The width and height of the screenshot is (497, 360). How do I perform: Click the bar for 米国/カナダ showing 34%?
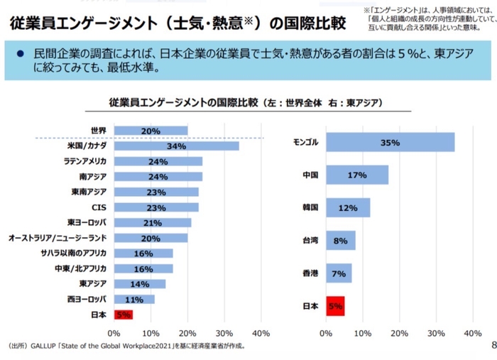(x=175, y=146)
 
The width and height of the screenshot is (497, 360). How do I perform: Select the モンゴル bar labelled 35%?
(x=390, y=142)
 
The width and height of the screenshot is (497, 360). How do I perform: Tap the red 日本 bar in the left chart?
(x=123, y=314)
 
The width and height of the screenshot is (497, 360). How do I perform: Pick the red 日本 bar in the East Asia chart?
(x=335, y=307)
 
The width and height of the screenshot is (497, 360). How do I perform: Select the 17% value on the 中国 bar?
(x=357, y=175)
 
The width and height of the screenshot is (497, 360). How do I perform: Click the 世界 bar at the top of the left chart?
(x=150, y=131)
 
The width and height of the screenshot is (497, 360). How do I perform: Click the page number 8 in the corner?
(x=493, y=346)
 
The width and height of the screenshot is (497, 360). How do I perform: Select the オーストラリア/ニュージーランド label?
(x=58, y=238)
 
